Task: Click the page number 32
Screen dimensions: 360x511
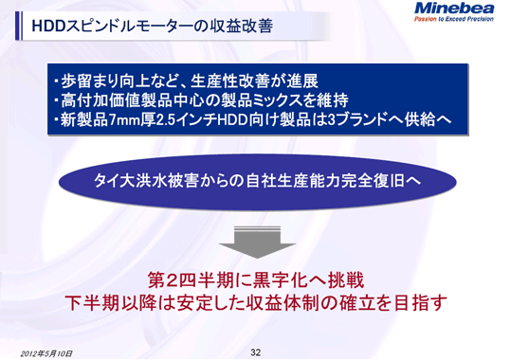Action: click(x=255, y=351)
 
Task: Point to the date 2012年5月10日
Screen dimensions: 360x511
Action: click(x=46, y=352)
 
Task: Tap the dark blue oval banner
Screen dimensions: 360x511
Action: click(x=254, y=179)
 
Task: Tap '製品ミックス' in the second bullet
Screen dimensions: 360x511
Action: click(x=257, y=99)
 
